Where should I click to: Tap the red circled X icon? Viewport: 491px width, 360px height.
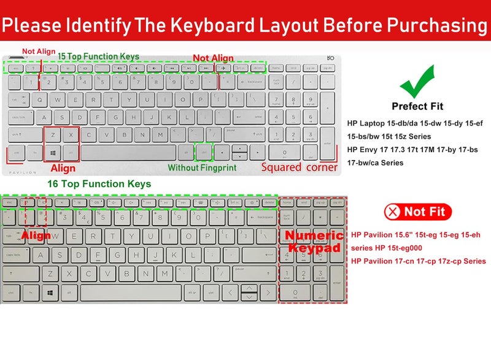(x=392, y=212)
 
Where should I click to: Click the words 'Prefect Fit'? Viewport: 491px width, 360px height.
(x=417, y=106)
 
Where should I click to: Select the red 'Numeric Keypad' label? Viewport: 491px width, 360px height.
(x=312, y=242)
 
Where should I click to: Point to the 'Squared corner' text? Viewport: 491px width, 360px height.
(x=300, y=167)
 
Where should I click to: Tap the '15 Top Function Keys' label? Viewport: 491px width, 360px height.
(x=99, y=56)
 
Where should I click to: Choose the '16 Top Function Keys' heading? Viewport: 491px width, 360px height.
(x=99, y=183)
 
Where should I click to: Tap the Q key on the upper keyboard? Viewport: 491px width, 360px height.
(x=41, y=99)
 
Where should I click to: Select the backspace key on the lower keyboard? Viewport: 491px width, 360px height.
(x=261, y=218)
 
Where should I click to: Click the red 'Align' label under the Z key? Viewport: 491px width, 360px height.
(x=63, y=168)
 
